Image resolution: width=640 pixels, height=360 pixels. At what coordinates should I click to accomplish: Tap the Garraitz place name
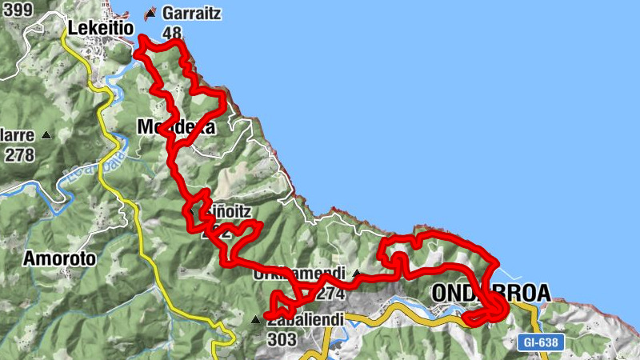point(193,13)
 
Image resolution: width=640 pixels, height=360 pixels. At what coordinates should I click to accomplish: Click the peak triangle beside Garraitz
point(150,14)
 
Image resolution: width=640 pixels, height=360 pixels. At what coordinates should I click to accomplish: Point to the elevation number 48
point(172,33)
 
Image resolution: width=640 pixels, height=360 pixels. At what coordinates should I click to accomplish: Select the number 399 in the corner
point(17,10)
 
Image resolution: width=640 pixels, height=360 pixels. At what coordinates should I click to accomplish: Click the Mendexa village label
point(176,127)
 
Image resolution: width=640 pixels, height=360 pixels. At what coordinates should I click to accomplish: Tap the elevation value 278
point(19,154)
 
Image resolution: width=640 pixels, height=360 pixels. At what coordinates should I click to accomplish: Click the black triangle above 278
point(46,135)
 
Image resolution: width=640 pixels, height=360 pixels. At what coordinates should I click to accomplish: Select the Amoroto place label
point(59,258)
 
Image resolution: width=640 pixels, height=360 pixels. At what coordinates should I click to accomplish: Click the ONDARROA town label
point(490,294)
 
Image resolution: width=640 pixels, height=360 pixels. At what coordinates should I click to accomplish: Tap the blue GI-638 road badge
point(540,342)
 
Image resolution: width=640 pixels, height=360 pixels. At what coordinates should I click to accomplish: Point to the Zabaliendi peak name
point(306,320)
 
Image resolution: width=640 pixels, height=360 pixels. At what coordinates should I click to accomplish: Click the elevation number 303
point(282,339)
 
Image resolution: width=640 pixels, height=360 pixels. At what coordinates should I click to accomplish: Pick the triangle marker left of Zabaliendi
point(255,319)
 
